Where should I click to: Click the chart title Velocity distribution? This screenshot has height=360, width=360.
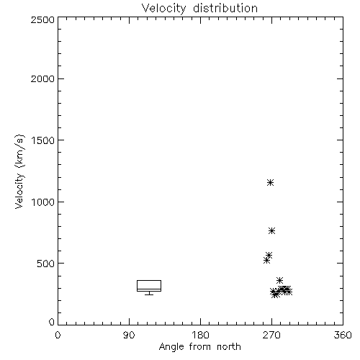point(199,9)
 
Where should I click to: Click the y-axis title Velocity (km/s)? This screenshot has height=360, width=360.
point(19,171)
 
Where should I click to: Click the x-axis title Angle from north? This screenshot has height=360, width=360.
point(199,347)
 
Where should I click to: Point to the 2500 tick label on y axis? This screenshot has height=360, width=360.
point(42,20)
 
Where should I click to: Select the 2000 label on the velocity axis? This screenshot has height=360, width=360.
point(42,78)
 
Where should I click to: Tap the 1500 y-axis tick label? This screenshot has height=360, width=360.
point(43,140)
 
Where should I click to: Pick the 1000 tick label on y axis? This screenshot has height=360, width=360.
point(43,202)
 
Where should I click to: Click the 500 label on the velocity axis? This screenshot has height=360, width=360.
point(46,264)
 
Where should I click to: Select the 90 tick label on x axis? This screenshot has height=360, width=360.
point(129,335)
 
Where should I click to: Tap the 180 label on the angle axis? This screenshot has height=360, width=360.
point(200,335)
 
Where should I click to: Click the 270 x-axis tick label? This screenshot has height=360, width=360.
point(271,335)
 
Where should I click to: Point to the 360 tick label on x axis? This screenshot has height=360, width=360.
point(343,335)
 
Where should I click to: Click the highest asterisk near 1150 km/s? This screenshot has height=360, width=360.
point(271,183)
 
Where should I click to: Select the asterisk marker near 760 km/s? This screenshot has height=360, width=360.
point(271,231)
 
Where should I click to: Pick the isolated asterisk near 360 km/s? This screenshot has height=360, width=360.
point(279,280)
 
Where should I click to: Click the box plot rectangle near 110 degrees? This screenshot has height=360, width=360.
point(149,280)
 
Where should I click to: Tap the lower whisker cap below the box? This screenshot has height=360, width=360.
point(149,294)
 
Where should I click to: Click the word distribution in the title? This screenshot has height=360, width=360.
point(225,9)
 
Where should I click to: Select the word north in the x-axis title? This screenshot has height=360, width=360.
point(229,347)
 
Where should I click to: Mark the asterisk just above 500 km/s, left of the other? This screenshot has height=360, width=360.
point(266,260)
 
